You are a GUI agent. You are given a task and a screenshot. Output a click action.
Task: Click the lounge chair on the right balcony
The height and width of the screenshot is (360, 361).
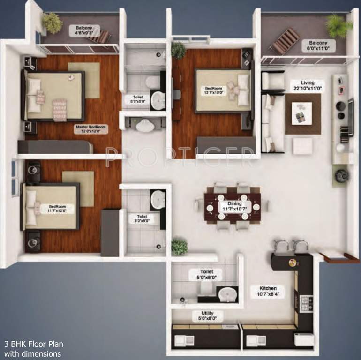285,41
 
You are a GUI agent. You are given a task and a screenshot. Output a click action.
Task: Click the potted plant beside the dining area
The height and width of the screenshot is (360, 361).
179,246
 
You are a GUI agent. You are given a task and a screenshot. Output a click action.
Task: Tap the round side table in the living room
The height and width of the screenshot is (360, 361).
341,175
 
